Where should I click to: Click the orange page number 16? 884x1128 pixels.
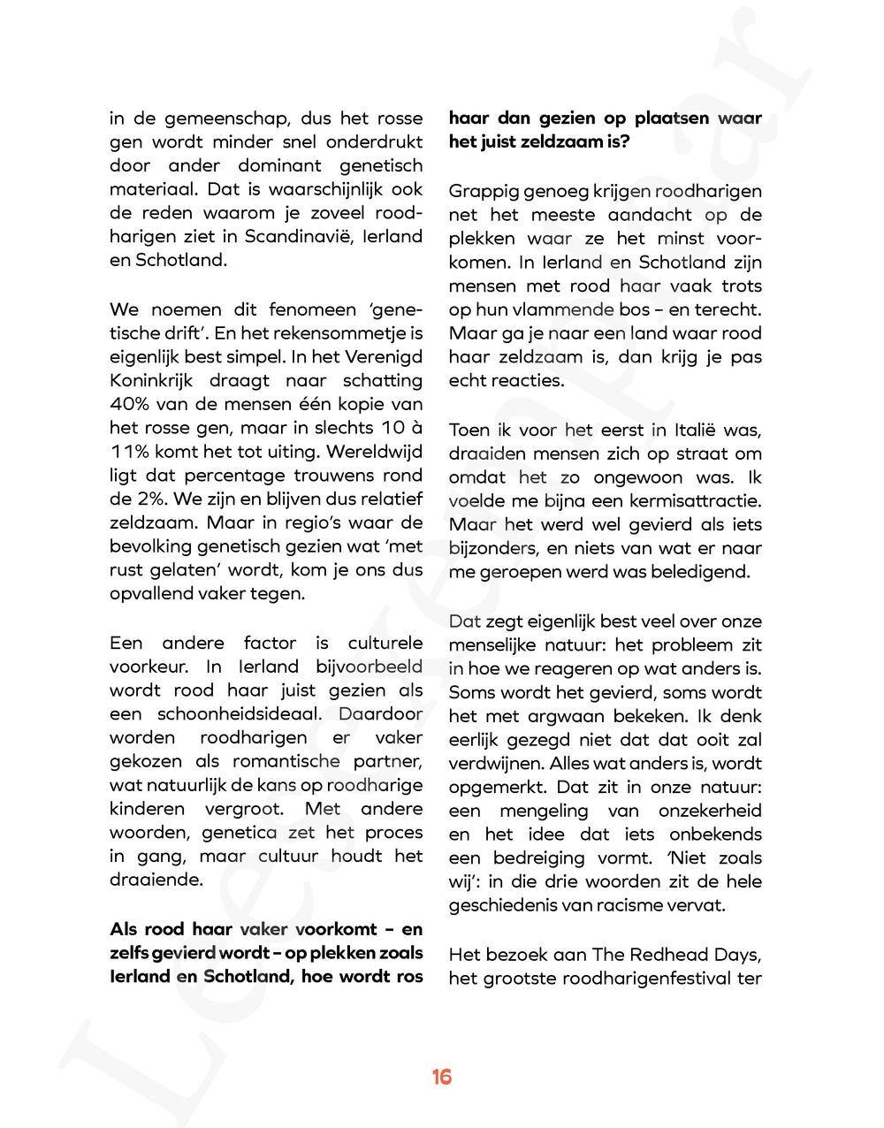click(442, 1077)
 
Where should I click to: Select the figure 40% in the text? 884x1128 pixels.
click(133, 404)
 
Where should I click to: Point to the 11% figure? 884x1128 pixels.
click(130, 452)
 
